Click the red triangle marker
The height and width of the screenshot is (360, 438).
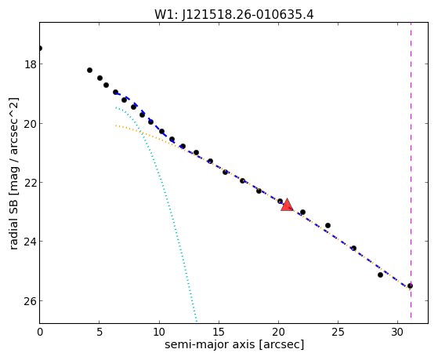point(287,205)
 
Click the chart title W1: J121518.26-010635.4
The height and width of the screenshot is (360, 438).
point(234,15)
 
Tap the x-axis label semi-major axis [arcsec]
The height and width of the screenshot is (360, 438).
point(234,344)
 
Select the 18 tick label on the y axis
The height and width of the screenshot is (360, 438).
point(31,64)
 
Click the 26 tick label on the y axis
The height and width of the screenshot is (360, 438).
point(31,301)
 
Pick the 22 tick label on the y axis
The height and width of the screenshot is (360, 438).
point(31,183)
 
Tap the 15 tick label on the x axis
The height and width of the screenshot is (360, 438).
point(219,333)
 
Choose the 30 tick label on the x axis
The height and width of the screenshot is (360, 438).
point(397,333)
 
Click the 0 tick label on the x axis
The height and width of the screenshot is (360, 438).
point(40,333)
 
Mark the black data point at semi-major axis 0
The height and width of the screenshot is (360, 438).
point(40,49)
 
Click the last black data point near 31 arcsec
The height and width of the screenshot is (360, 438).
point(410,285)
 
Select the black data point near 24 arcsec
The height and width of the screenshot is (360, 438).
point(328,225)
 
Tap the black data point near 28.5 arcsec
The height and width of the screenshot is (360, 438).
point(380,275)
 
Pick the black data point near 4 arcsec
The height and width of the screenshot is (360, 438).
point(89,71)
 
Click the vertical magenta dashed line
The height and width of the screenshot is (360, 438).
point(411,170)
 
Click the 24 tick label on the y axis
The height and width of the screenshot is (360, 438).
point(31,242)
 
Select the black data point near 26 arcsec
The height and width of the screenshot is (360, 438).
point(353,248)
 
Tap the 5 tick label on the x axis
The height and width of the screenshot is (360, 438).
point(100,333)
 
